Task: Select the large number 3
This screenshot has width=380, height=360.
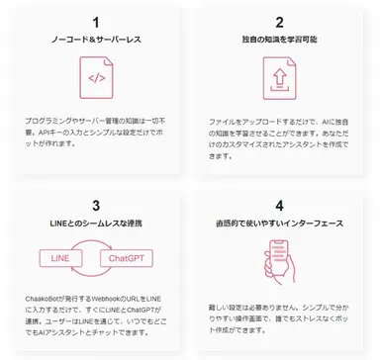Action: [x=95, y=206]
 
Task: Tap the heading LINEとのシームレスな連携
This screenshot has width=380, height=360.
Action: [x=95, y=225]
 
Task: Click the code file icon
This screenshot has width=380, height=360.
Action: [x=96, y=78]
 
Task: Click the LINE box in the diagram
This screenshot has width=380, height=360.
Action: [x=60, y=259]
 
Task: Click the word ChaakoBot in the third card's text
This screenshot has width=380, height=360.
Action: [x=44, y=296]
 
